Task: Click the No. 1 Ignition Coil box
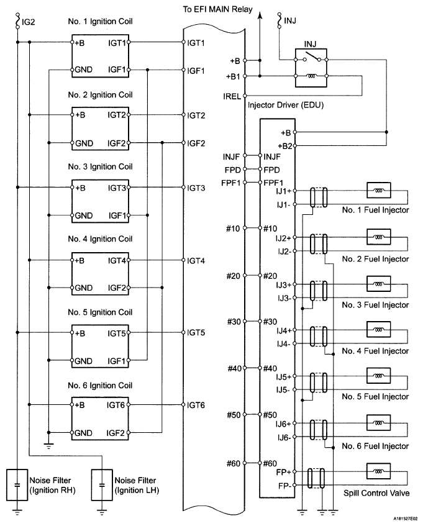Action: pyautogui.click(x=101, y=57)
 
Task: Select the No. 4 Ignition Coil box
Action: pyautogui.click(x=101, y=273)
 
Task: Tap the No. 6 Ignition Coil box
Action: pyautogui.click(x=101, y=418)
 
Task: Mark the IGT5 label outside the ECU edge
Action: pyautogui.click(x=196, y=333)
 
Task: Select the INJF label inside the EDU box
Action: pyautogui.click(x=273, y=156)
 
